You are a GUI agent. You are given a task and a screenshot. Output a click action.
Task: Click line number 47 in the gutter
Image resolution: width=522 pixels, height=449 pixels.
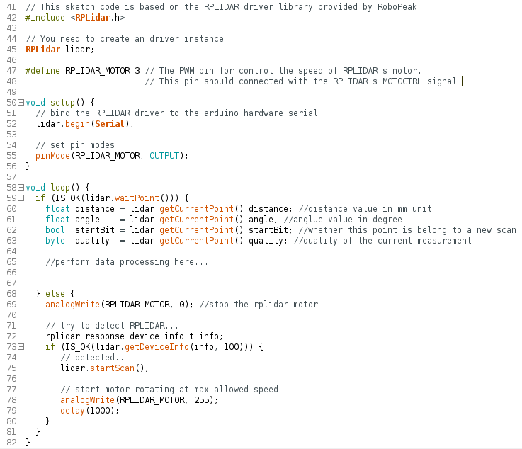(11, 71)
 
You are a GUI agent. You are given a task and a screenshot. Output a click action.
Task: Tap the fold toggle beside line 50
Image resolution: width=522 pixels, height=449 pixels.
(21, 103)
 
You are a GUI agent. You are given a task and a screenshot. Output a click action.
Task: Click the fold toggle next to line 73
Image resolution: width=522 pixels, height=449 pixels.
(21, 347)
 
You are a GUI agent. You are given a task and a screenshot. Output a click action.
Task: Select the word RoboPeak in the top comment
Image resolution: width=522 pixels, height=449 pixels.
(397, 7)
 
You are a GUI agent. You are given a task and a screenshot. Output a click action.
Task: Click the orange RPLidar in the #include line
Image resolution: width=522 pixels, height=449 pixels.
(93, 17)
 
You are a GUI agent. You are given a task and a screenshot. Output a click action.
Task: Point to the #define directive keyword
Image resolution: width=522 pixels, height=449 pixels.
(42, 71)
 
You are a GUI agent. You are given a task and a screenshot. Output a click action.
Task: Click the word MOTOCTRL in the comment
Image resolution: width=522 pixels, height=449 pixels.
(402, 81)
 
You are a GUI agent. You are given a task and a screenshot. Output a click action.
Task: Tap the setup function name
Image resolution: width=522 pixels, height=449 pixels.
(62, 103)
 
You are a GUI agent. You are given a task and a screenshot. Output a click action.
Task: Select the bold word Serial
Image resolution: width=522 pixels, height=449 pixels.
(110, 124)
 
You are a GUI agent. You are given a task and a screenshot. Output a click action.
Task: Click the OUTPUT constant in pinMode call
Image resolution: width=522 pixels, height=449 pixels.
(164, 156)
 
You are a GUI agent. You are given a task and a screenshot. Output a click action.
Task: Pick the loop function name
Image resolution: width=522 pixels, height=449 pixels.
(60, 188)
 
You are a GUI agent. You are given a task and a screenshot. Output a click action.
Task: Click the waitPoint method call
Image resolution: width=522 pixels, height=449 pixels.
(137, 198)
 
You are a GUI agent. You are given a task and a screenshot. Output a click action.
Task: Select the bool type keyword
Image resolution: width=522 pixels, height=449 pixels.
(55, 230)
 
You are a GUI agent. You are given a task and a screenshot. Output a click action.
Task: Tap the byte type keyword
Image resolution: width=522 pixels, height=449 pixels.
(55, 241)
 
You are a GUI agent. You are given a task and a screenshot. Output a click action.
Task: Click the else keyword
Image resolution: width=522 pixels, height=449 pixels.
(55, 294)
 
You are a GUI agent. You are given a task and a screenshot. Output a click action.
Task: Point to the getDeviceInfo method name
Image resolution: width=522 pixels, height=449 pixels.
(157, 347)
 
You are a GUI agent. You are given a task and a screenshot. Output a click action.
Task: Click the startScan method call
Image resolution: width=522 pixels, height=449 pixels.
(112, 368)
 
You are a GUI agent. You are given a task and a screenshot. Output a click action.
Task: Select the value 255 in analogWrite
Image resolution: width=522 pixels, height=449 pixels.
(202, 399)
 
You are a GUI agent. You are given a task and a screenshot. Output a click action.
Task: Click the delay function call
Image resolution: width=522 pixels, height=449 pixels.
(72, 410)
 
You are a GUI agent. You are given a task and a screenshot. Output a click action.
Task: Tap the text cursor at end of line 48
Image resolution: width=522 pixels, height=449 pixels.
(463, 81)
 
